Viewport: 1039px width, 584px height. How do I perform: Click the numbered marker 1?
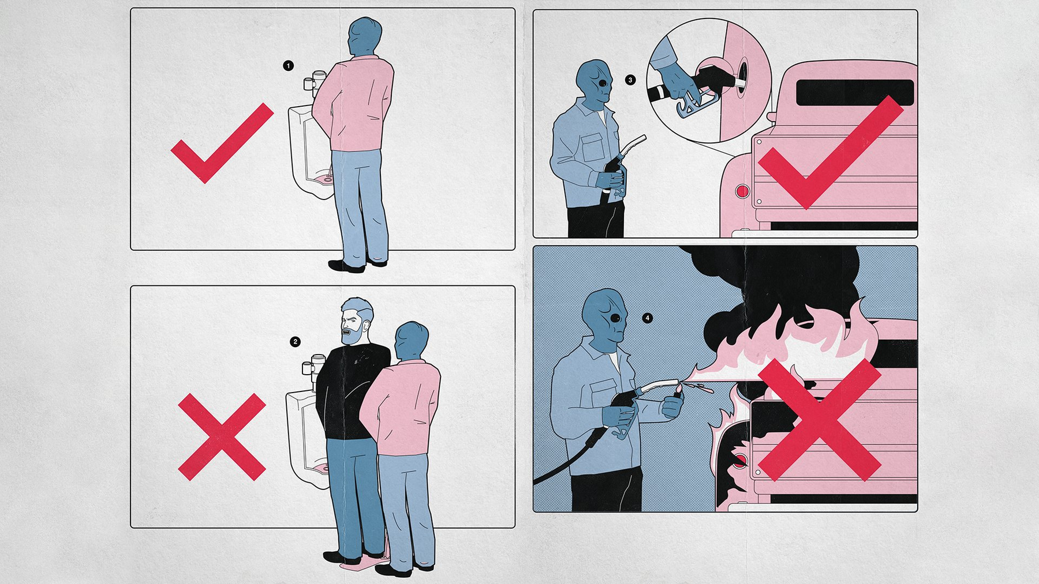coord(289,66)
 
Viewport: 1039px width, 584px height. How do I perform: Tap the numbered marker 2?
coord(296,342)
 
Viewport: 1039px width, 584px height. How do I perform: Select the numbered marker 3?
coord(630,80)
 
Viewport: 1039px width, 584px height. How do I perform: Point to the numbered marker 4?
coord(648,318)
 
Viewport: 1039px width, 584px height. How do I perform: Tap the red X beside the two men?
coord(222,437)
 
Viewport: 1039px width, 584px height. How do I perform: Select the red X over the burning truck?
coord(820,420)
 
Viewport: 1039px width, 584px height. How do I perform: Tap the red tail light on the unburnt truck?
coord(742,191)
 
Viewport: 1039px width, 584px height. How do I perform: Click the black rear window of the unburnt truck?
coord(855,92)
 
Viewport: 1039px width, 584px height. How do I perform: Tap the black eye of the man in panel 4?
coord(616,318)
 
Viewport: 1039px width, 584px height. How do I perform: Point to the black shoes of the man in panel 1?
coord(358,265)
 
